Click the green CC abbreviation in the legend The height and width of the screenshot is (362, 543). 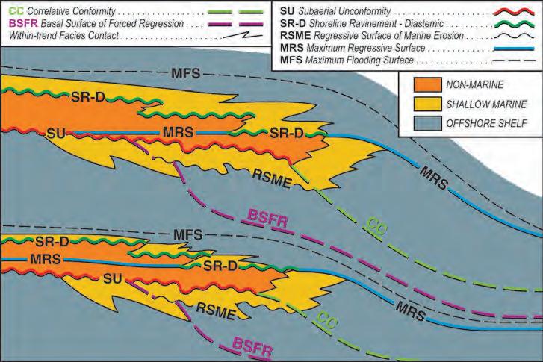point(13,11)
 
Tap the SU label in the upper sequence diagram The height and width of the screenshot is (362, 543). point(55,134)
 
